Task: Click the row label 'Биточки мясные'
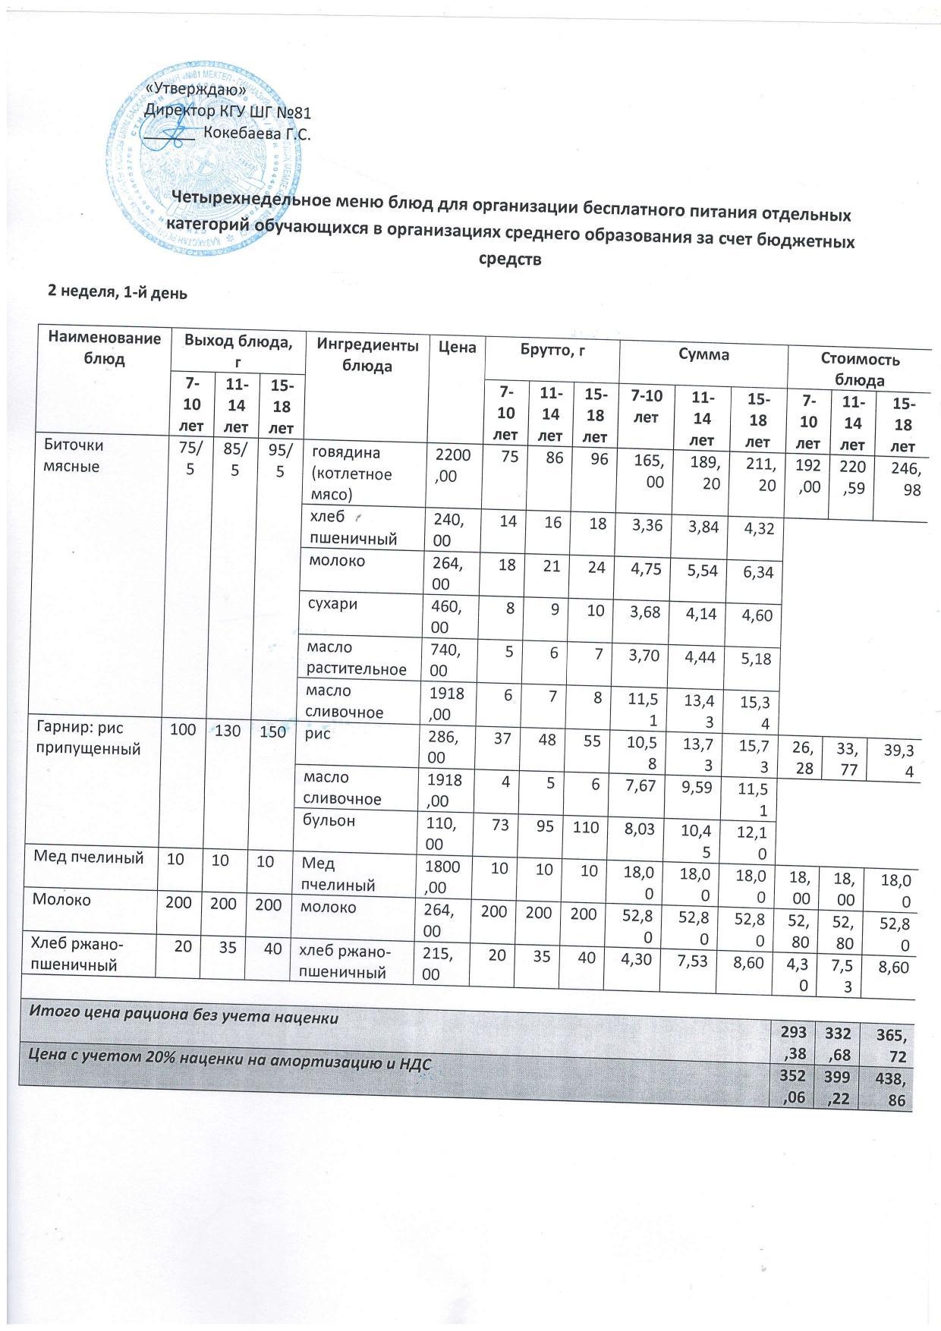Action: pyautogui.click(x=74, y=455)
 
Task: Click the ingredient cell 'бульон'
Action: pyautogui.click(x=330, y=821)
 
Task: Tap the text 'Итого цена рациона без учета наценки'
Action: pyautogui.click(x=183, y=1017)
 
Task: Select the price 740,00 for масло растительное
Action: pyautogui.click(x=452, y=659)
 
